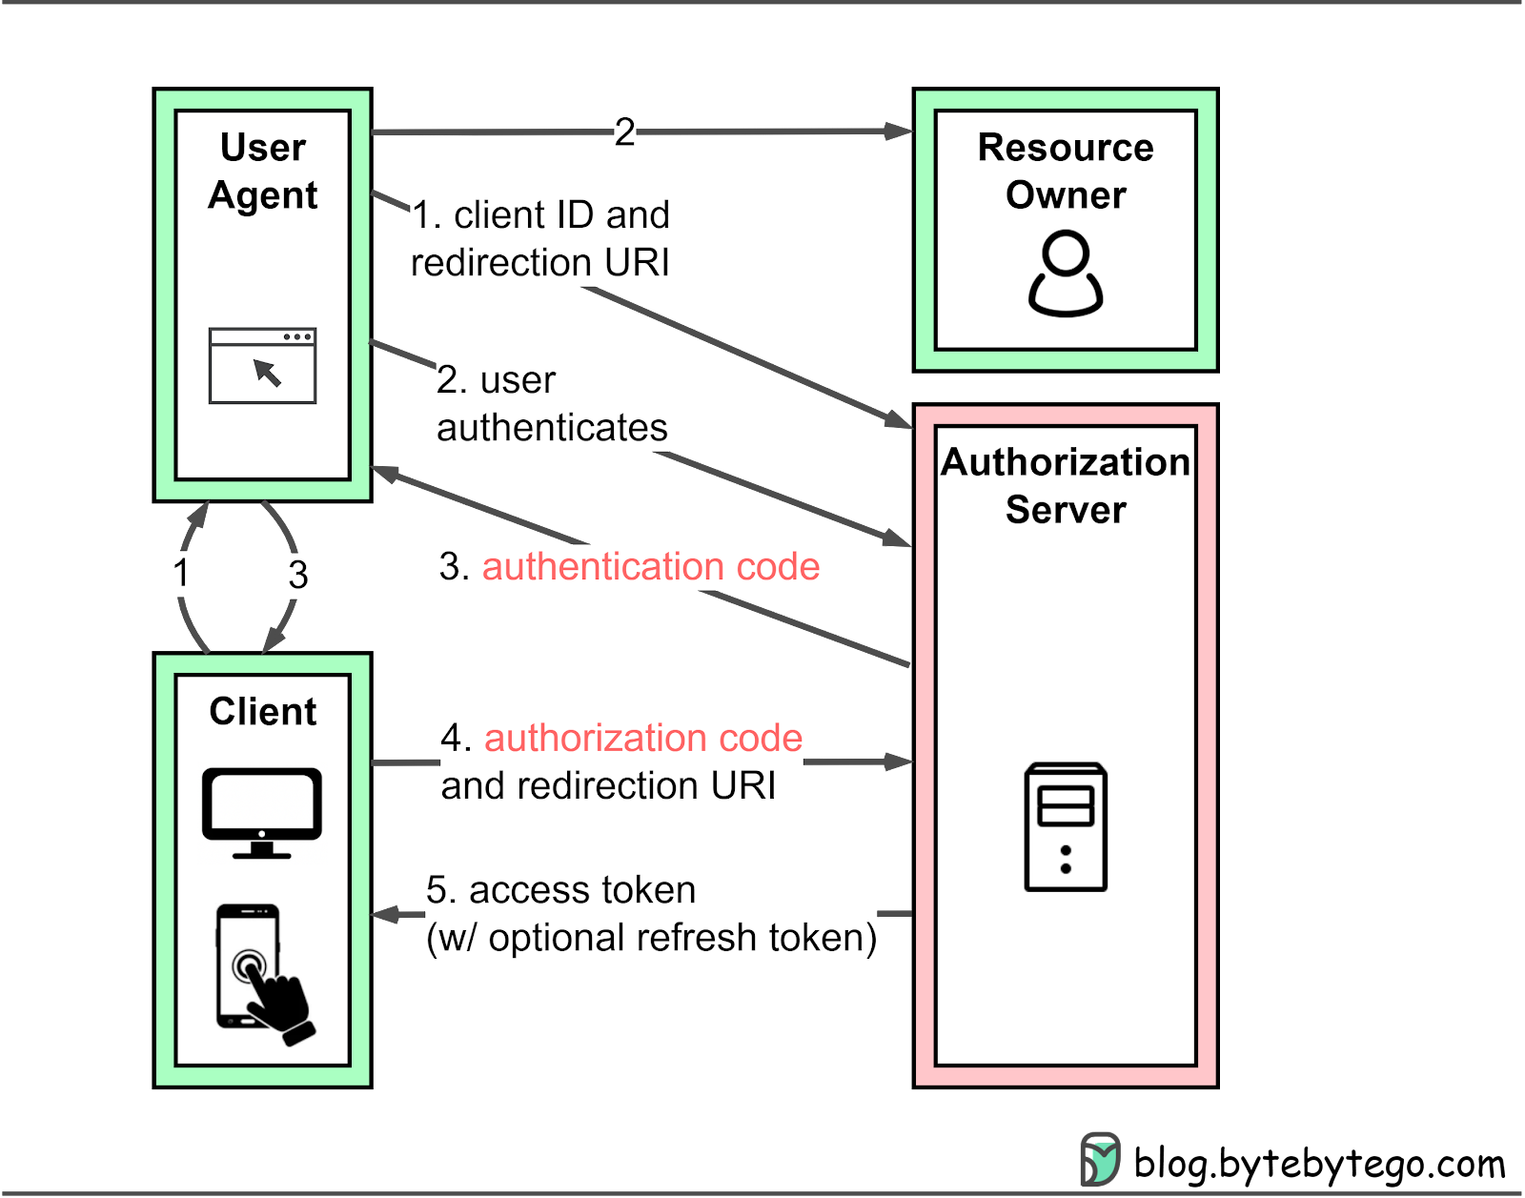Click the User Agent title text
pyautogui.click(x=263, y=172)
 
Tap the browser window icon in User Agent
pyautogui.click(x=262, y=366)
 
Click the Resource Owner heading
pyautogui.click(x=1066, y=172)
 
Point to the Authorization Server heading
pyautogui.click(x=1066, y=486)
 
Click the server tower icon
pyautogui.click(x=1066, y=827)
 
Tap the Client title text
pyautogui.click(x=263, y=712)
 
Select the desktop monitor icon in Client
pyautogui.click(x=262, y=812)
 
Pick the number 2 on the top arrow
pyautogui.click(x=624, y=132)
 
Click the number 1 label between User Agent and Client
pyautogui.click(x=181, y=574)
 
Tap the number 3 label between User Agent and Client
pyautogui.click(x=298, y=575)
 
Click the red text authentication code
pyautogui.click(x=650, y=567)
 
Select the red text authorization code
pyautogui.click(x=643, y=739)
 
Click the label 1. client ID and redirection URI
pyautogui.click(x=540, y=239)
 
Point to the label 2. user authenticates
pyautogui.click(x=552, y=404)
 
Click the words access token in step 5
pyautogui.click(x=582, y=890)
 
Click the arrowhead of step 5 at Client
pyautogui.click(x=384, y=915)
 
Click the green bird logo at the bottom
pyautogui.click(x=1100, y=1159)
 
